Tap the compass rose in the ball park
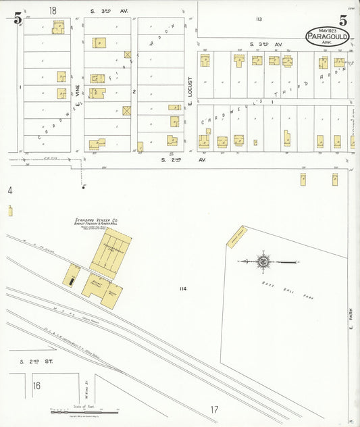[x=263, y=261]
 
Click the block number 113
[x=258, y=19]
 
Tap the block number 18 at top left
[x=53, y=10]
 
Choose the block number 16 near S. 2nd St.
[x=36, y=386]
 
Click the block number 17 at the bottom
[x=214, y=409]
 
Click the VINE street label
[x=78, y=89]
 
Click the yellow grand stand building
[x=237, y=237]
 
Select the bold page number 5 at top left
[x=18, y=18]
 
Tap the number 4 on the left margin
[x=10, y=191]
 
